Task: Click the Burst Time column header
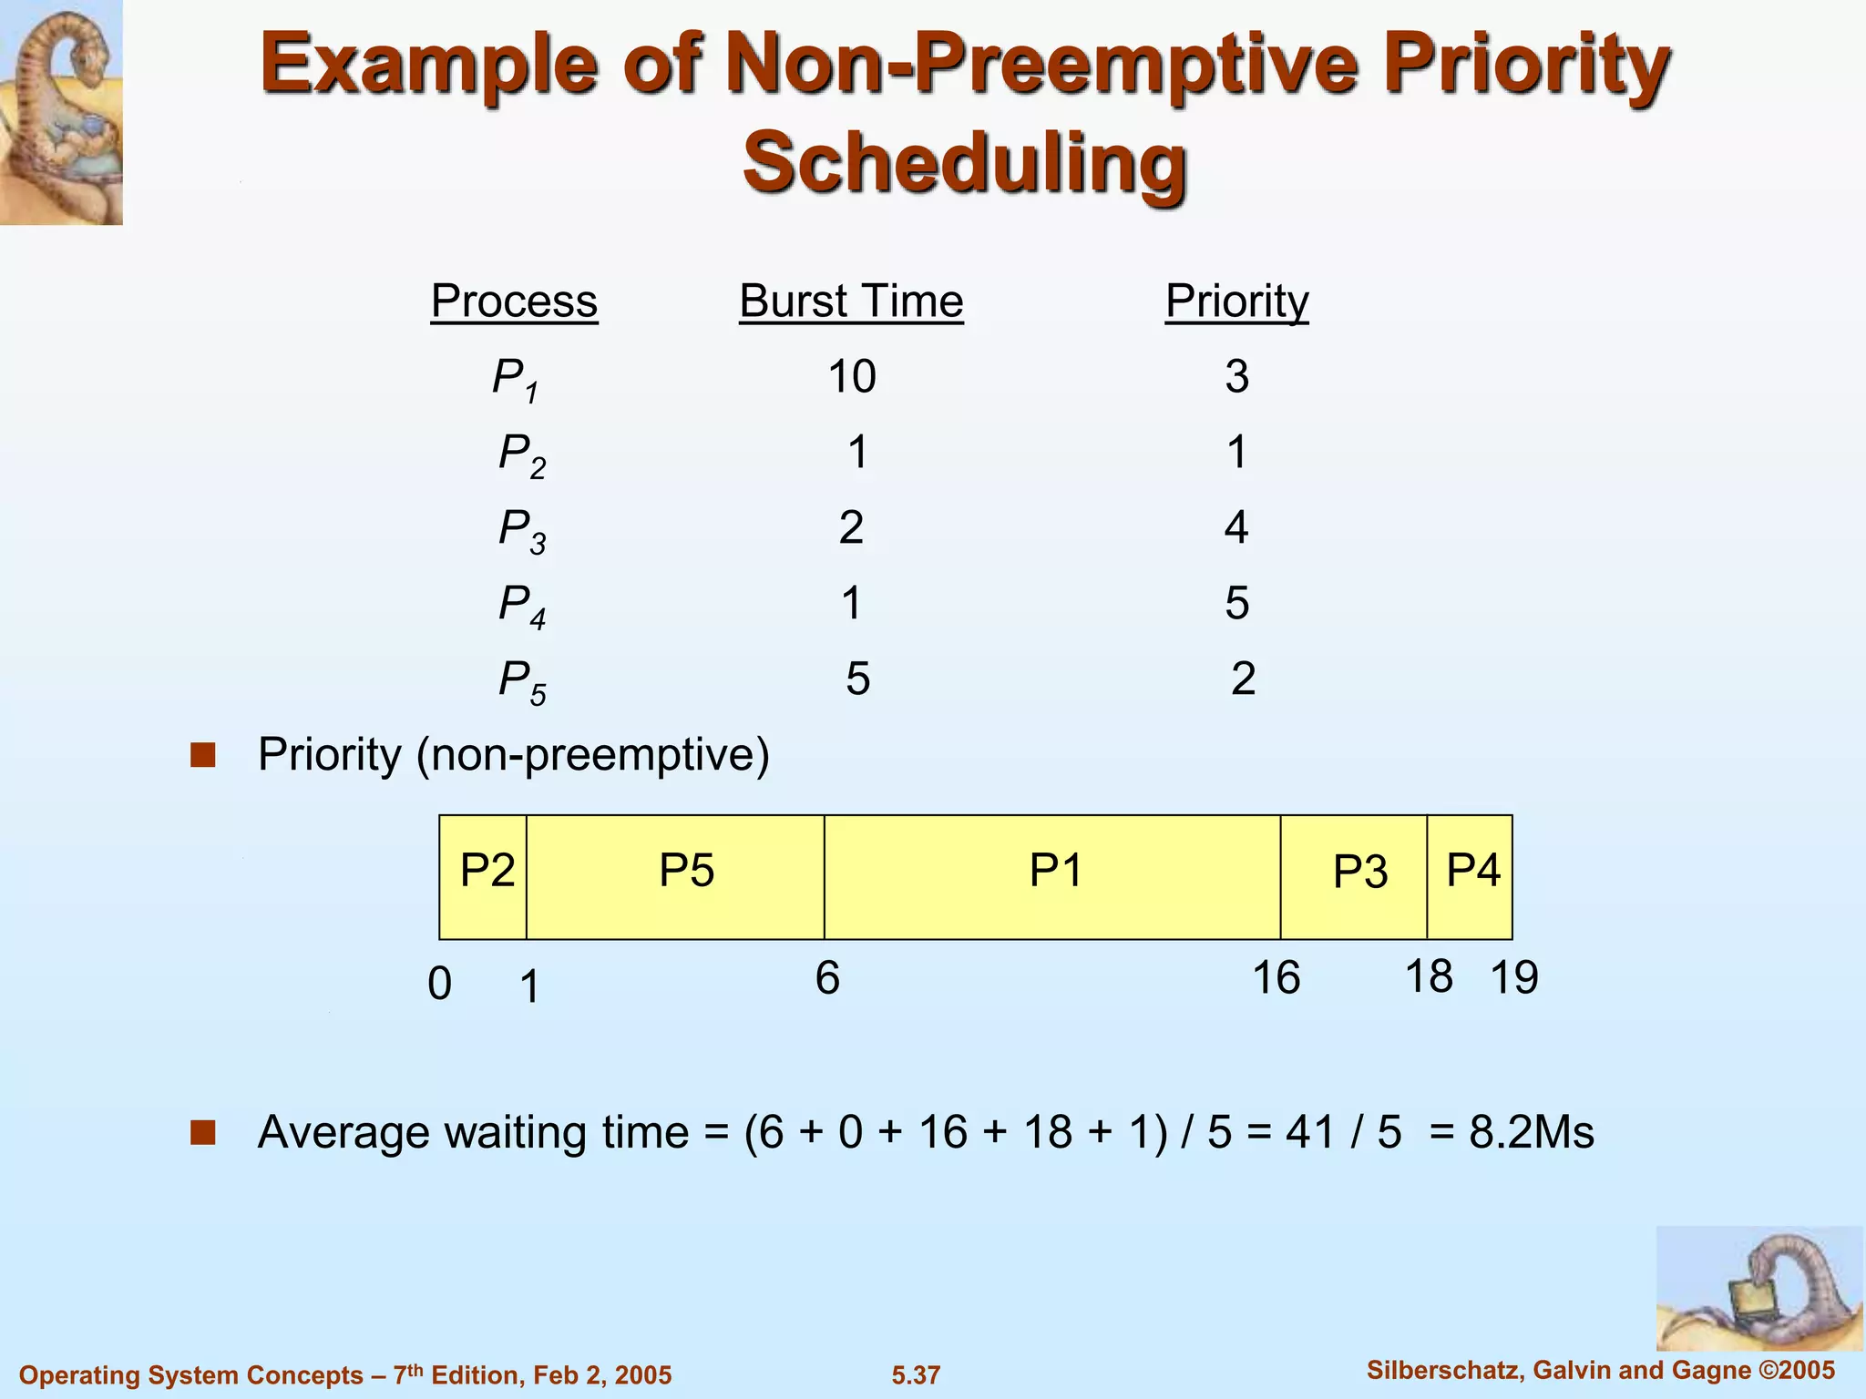[x=851, y=301]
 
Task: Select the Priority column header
[x=1236, y=301]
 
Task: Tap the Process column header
[x=514, y=301]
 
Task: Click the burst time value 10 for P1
[x=852, y=376]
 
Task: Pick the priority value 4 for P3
[x=1236, y=527]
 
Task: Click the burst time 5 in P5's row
[x=857, y=679]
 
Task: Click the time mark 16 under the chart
[x=1276, y=978]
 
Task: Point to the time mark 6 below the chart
[x=827, y=978]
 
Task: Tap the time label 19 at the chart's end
[x=1513, y=978]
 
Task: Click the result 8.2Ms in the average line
[x=1531, y=1132]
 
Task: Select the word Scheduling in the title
[x=965, y=162]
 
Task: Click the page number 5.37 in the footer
[x=916, y=1375]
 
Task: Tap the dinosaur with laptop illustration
[x=1758, y=1288]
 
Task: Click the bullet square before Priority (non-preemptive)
[x=203, y=755]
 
